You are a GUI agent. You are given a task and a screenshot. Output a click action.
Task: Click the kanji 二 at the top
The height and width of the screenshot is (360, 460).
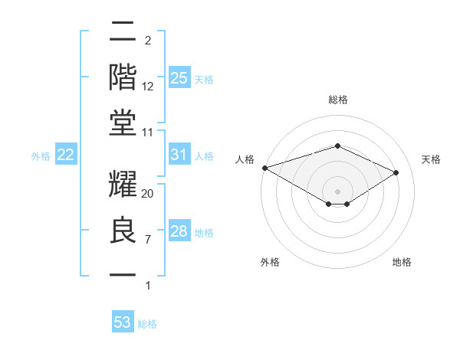[x=123, y=33]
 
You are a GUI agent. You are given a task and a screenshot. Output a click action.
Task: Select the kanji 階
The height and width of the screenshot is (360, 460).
[x=123, y=77]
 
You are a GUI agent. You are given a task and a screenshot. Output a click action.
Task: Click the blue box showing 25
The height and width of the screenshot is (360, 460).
[x=179, y=78]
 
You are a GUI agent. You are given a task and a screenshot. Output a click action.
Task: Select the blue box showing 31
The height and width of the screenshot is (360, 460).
[x=179, y=155]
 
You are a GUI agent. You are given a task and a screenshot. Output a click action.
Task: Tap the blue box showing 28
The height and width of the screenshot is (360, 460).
[x=179, y=231]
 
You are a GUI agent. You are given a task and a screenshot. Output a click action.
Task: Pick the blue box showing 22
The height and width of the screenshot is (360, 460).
[x=66, y=155]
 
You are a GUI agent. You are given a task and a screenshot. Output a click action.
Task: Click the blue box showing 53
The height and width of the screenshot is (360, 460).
[x=123, y=322]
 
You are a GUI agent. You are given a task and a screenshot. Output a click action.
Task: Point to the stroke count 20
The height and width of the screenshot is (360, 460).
[x=148, y=194]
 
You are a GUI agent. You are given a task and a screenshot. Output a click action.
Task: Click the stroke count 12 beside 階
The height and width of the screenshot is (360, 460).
[x=148, y=87]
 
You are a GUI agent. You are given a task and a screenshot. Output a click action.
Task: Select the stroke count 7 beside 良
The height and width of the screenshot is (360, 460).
[x=147, y=240]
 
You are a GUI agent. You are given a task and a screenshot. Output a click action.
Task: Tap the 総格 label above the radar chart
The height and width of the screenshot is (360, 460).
[x=337, y=100]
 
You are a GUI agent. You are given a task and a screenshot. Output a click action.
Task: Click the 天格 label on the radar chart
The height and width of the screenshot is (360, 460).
[x=432, y=159]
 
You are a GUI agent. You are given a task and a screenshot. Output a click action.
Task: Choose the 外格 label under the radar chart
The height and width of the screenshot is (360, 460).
[x=270, y=262]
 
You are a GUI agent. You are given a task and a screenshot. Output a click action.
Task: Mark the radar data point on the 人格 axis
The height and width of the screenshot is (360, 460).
[x=264, y=168]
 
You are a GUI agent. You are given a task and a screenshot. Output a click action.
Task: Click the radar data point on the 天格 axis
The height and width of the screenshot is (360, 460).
[x=396, y=172]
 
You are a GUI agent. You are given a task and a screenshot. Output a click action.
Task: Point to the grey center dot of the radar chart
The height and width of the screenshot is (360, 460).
[x=337, y=191]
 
